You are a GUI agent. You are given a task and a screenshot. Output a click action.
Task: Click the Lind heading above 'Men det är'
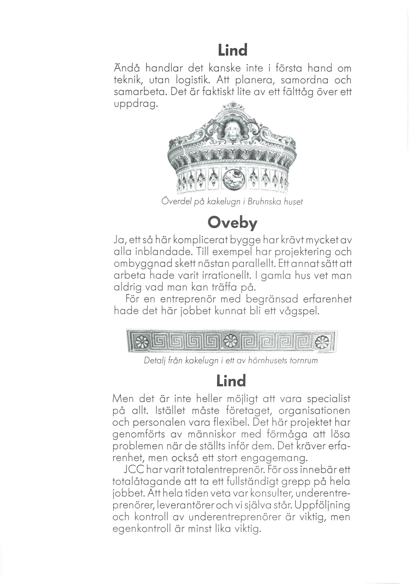[x=231, y=381]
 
